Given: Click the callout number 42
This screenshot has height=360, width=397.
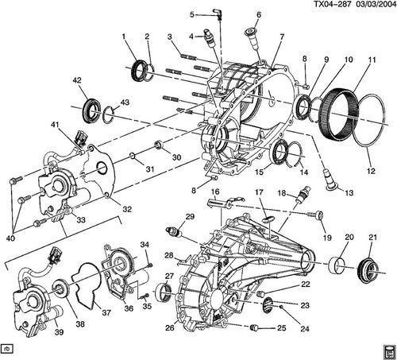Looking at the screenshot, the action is click(77, 80).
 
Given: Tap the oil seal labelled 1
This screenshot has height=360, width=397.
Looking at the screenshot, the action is click(139, 71).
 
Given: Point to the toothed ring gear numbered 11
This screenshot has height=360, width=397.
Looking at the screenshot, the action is click(340, 113).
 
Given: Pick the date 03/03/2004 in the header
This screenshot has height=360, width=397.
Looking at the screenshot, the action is click(374, 5).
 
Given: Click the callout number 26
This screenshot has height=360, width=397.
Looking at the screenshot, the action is click(170, 327).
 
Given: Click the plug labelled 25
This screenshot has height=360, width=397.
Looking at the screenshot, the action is click(255, 327).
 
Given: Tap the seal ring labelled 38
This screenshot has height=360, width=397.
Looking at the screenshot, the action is click(61, 289).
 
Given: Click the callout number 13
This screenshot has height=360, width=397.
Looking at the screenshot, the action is click(349, 192).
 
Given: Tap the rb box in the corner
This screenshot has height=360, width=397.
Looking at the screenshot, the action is click(7, 349).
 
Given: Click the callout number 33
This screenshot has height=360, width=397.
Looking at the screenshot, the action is click(81, 219).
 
